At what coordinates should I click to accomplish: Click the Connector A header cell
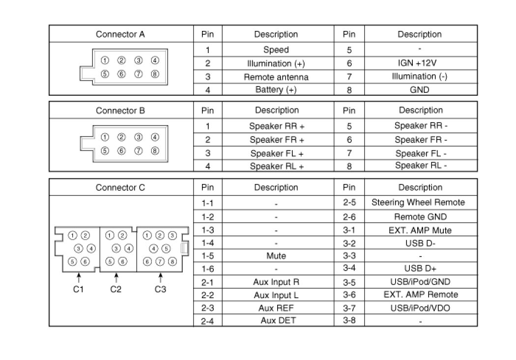click(120, 34)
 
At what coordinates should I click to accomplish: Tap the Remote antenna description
click(276, 77)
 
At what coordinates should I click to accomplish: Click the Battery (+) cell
click(276, 90)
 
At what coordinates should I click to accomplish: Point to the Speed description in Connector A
click(276, 50)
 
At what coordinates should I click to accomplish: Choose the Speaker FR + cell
click(277, 140)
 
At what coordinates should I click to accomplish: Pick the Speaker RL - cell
click(421, 166)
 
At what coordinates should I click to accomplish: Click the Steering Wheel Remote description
click(418, 202)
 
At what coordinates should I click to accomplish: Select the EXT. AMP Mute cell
click(420, 230)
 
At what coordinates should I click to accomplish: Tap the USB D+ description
click(420, 268)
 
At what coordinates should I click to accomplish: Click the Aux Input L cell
click(276, 295)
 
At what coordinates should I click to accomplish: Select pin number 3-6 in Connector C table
click(349, 295)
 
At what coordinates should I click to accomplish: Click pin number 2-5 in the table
click(349, 202)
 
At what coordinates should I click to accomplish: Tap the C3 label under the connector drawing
click(160, 289)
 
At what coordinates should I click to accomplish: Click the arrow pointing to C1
click(78, 277)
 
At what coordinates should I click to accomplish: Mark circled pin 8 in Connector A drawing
click(155, 74)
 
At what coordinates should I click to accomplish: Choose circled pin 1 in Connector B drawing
click(105, 137)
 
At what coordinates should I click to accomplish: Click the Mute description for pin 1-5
click(276, 256)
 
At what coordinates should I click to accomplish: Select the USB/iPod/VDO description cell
click(420, 308)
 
